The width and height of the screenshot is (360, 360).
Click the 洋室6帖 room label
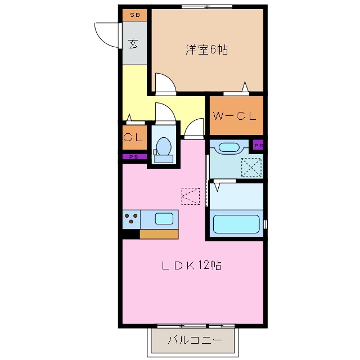coord(206,49)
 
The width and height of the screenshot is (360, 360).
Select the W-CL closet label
coord(235,116)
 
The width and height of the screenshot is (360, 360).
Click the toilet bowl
coord(163,147)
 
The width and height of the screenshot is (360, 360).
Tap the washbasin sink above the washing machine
coord(229,148)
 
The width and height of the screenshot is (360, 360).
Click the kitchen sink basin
coord(164,218)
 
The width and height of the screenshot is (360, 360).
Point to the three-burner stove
coord(132,218)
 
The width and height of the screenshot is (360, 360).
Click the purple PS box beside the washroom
coord(258,145)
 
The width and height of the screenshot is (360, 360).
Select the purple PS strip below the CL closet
coord(134,156)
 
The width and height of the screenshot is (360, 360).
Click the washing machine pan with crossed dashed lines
coord(251,166)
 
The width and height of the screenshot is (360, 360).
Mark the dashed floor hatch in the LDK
coord(190,195)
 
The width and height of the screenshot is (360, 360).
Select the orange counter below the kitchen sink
coord(159,233)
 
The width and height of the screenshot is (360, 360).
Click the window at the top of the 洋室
coord(206,7)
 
